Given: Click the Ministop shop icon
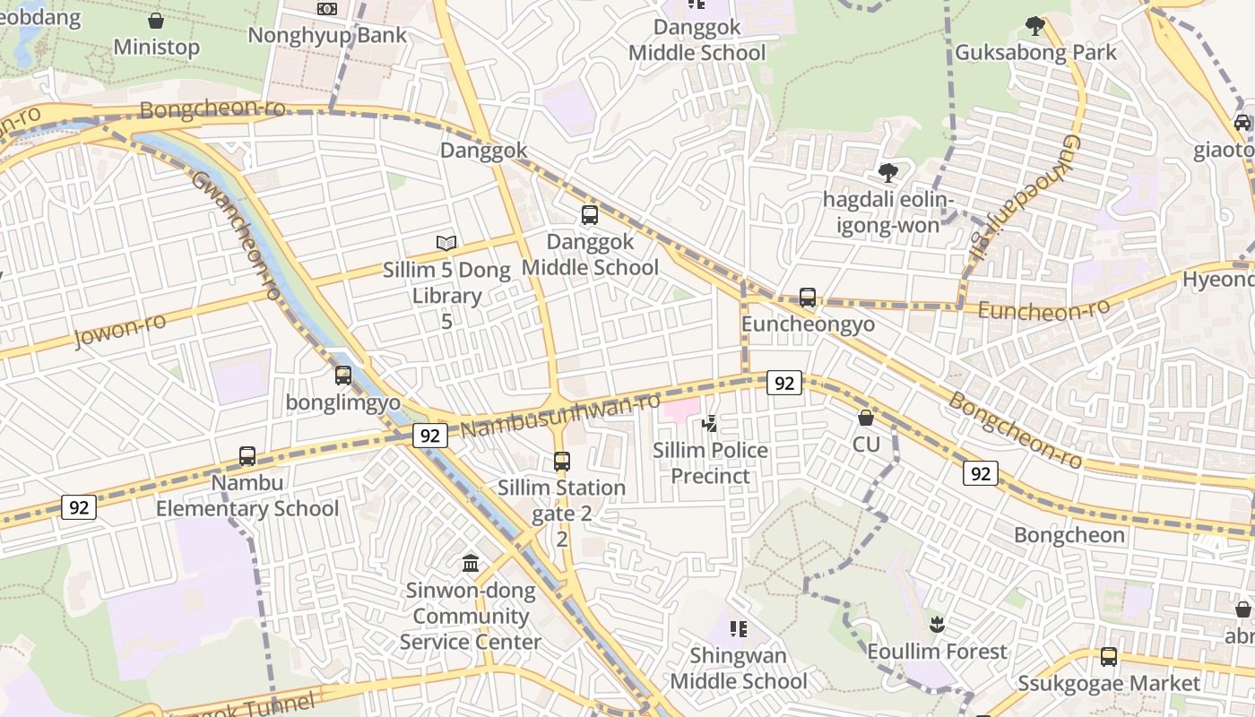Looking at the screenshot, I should [156, 21].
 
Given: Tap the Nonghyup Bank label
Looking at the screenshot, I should [327, 36].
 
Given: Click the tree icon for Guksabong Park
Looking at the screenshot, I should [1035, 26].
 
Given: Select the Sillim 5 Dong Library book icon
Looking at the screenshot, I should [446, 243].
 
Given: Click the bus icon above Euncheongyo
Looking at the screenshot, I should [808, 298].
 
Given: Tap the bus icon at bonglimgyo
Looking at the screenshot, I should [343, 376].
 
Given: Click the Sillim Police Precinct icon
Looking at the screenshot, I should [709, 423].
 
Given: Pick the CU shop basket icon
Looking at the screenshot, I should [866, 418].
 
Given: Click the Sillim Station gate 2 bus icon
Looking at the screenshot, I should [562, 462].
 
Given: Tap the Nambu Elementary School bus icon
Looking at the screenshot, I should [247, 456].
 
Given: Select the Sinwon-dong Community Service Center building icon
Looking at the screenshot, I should [471, 564].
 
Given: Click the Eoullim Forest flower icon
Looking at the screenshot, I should [937, 625].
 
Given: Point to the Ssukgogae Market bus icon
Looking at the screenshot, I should [1109, 657].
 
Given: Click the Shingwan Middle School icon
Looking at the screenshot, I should [739, 629].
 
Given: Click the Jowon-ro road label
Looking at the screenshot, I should [121, 330].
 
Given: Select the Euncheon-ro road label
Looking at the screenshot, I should [1043, 310].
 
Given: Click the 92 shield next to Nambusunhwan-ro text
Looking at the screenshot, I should [430, 436].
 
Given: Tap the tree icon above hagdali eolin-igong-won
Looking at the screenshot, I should [888, 172].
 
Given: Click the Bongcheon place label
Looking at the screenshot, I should [1069, 535].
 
